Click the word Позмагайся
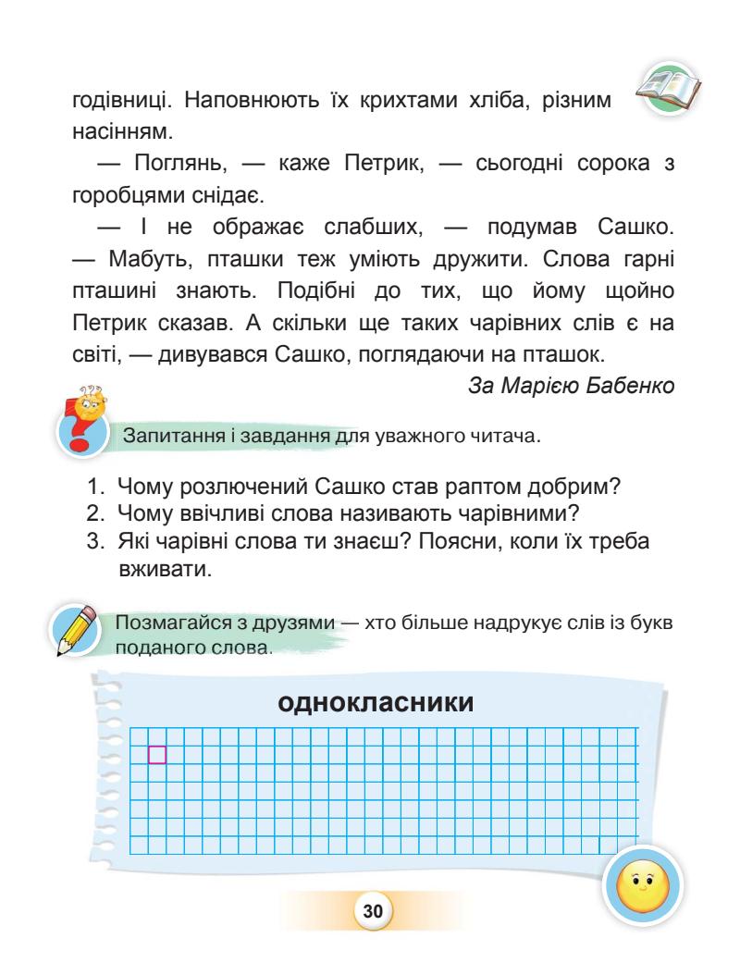pyautogui.click(x=170, y=623)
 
